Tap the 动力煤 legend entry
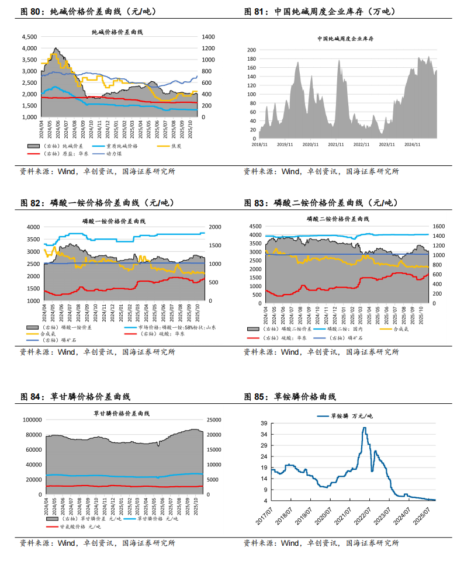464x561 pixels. pyautogui.click(x=113, y=153)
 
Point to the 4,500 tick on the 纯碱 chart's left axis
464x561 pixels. pyautogui.click(x=29, y=37)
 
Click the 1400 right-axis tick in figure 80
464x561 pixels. pyautogui.click(x=209, y=37)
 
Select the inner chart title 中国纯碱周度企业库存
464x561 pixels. pyautogui.click(x=346, y=39)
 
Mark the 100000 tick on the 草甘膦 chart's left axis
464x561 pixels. pyautogui.click(x=29, y=420)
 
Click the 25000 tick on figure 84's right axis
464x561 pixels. pyautogui.click(x=214, y=420)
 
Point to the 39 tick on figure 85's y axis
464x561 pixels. pyautogui.click(x=264, y=423)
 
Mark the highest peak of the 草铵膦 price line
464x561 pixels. pyautogui.click(x=365, y=428)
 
